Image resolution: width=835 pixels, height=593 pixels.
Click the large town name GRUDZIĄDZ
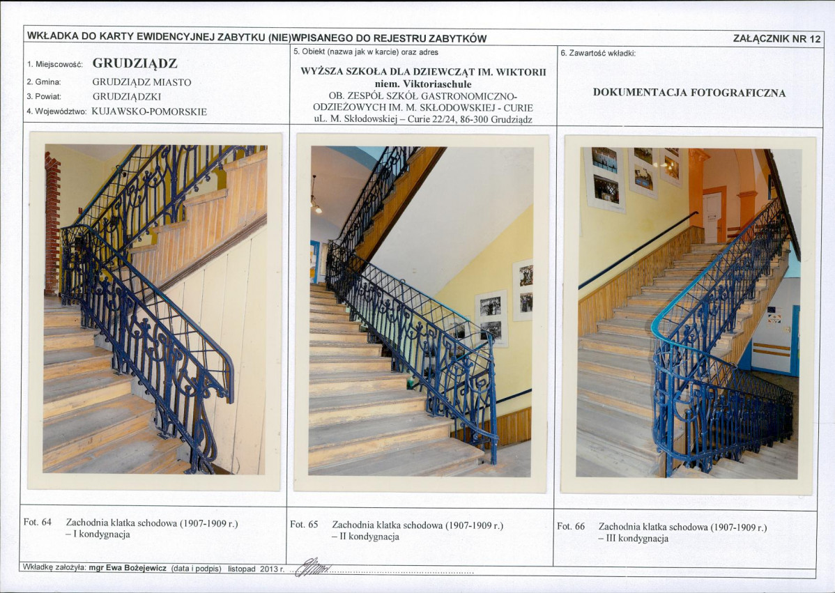point(135,63)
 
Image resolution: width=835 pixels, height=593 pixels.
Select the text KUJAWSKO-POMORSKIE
point(149,111)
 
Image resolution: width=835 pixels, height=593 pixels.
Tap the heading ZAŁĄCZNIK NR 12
point(777,38)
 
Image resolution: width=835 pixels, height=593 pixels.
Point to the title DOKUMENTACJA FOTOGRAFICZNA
point(689,93)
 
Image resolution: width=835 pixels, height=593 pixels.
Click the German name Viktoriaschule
point(437,84)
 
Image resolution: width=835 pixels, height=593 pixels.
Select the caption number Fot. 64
point(37,522)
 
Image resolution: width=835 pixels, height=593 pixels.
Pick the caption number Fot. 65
point(304,524)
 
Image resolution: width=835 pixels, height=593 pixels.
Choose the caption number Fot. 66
point(571,527)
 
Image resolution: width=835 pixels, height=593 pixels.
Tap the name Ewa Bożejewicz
point(136,568)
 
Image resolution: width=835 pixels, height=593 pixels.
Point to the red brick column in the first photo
point(52,224)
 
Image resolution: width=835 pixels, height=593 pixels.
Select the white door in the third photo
point(712,217)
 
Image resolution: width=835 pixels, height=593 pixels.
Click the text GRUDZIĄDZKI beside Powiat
point(127,97)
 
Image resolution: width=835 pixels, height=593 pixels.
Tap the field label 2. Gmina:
point(44,82)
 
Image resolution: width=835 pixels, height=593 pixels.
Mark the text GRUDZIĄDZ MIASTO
point(141,82)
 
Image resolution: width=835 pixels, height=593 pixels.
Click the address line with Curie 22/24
point(423,119)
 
